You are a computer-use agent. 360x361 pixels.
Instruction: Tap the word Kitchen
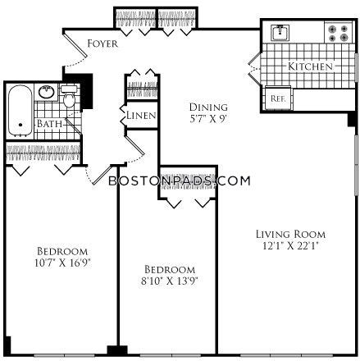coord(309,66)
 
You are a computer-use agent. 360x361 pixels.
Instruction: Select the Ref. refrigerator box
coord(277,98)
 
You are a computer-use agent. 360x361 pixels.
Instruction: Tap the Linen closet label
coord(141,116)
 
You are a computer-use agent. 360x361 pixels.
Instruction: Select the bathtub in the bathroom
coord(20,111)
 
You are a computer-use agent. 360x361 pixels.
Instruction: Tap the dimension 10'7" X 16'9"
coord(62,263)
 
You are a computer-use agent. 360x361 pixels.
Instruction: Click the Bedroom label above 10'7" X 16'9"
coord(62,250)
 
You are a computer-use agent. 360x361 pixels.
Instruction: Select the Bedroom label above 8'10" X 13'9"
coord(171,269)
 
